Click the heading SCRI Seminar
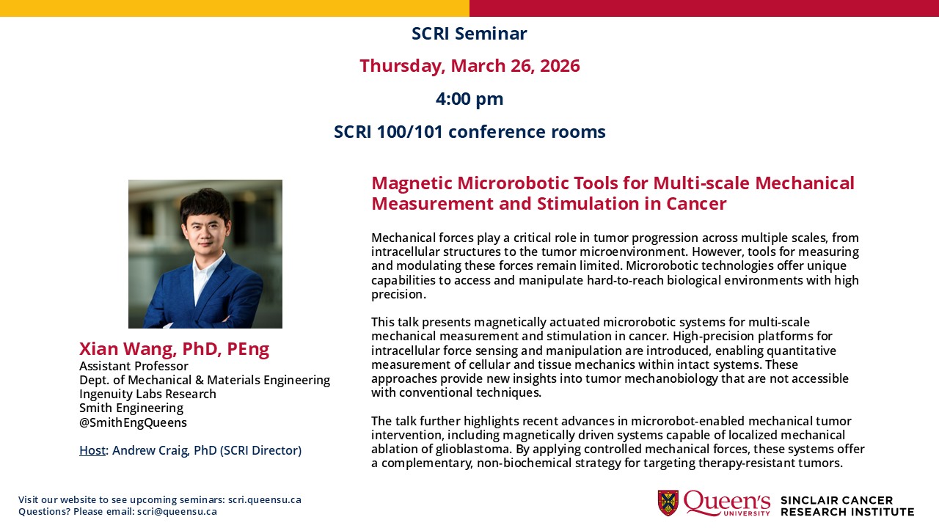point(469,34)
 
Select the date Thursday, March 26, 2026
point(469,66)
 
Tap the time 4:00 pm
point(469,99)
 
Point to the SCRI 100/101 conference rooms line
point(469,132)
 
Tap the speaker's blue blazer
point(220,297)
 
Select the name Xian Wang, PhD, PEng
point(174,349)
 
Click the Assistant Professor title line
point(134,366)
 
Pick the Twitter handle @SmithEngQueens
point(133,422)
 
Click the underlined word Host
point(92,450)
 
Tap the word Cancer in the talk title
point(695,204)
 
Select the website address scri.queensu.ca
point(264,500)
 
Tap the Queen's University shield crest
point(668,503)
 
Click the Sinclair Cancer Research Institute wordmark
point(847,505)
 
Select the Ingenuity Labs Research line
point(147,394)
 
